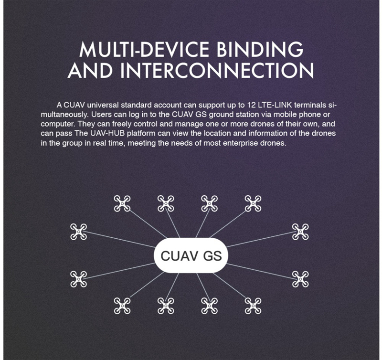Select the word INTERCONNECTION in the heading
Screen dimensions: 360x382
pyautogui.click(x=217, y=70)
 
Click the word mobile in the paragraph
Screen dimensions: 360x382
pyautogui.click(x=273, y=115)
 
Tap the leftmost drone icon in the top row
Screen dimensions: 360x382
pyautogui.click(x=122, y=203)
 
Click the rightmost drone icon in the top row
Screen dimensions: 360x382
pyautogui.click(x=253, y=203)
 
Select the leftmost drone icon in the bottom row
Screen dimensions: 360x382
pyautogui.click(x=122, y=305)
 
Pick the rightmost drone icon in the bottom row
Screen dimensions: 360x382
pyautogui.click(x=253, y=305)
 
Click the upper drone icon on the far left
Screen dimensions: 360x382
pyautogui.click(x=78, y=232)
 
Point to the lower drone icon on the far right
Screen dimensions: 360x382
pyautogui.click(x=300, y=279)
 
